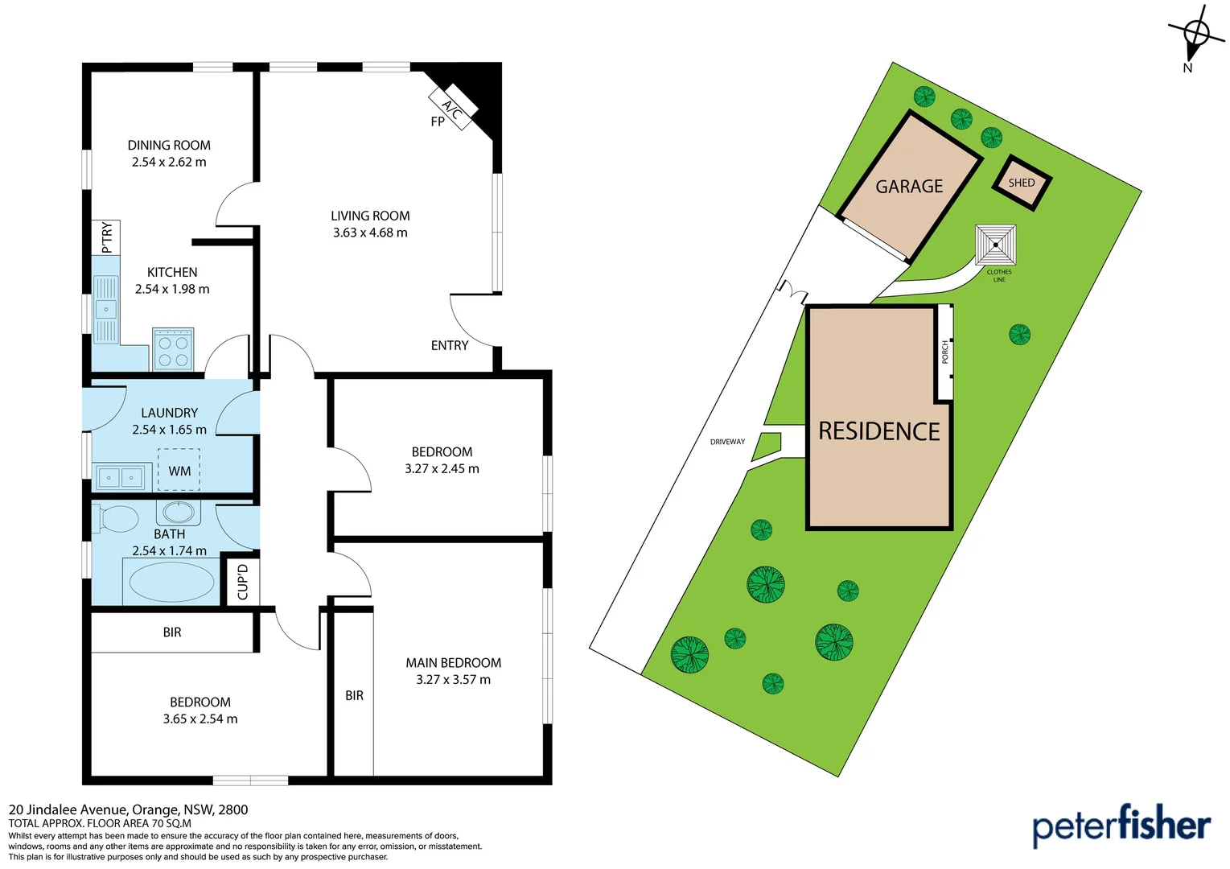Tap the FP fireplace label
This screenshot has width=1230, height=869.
tap(438, 122)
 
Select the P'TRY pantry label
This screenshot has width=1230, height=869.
tap(106, 237)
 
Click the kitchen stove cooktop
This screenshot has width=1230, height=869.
tap(173, 349)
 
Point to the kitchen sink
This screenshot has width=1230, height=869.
tap(105, 309)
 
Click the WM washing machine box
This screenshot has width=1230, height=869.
tap(179, 470)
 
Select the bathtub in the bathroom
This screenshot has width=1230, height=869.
tap(171, 582)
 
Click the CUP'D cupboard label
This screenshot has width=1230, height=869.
tap(242, 581)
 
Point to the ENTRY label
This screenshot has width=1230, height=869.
tap(449, 345)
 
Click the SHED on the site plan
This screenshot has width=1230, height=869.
tap(1022, 183)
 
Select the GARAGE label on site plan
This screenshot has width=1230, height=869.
tap(909, 187)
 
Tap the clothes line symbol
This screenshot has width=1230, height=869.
tap(996, 245)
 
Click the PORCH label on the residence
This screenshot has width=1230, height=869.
tap(945, 352)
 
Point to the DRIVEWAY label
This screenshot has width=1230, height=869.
tap(727, 442)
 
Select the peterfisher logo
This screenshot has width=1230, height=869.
tap(1121, 826)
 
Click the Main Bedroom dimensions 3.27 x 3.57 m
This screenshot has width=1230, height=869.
tap(453, 680)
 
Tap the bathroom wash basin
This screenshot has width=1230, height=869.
tap(178, 512)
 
